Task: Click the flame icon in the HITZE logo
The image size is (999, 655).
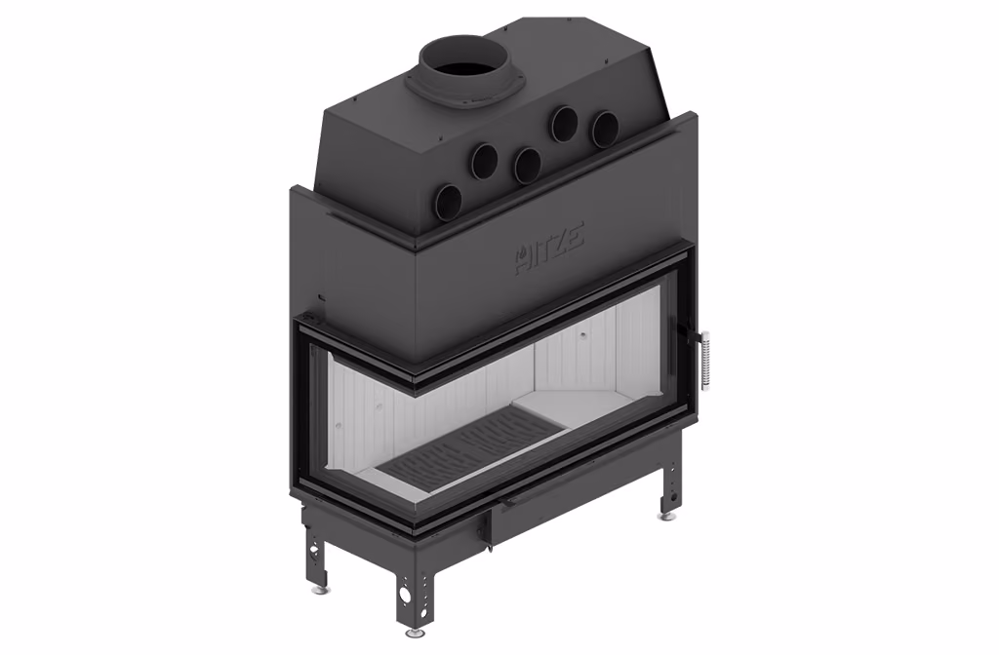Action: [523, 256]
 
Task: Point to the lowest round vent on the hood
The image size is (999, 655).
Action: [450, 203]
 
